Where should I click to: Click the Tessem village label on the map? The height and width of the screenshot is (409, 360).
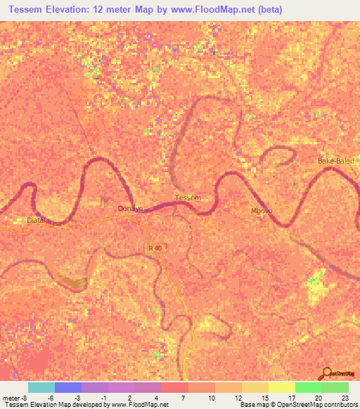[187, 198]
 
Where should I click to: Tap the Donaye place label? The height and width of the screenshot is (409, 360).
[130, 209]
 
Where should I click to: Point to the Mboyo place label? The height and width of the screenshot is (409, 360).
[262, 211]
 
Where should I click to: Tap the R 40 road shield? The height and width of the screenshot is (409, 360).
[155, 248]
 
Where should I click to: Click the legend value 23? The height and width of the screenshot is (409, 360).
[344, 398]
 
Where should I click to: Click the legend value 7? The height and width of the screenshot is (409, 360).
[182, 398]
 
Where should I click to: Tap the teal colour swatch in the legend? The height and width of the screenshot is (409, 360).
[41, 387]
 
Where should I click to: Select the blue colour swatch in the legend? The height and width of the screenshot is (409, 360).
[68, 387]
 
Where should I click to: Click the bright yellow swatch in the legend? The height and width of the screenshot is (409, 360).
[282, 387]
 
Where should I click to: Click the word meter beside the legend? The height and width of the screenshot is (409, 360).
[11, 398]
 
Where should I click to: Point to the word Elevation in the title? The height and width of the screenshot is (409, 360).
[77, 8]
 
